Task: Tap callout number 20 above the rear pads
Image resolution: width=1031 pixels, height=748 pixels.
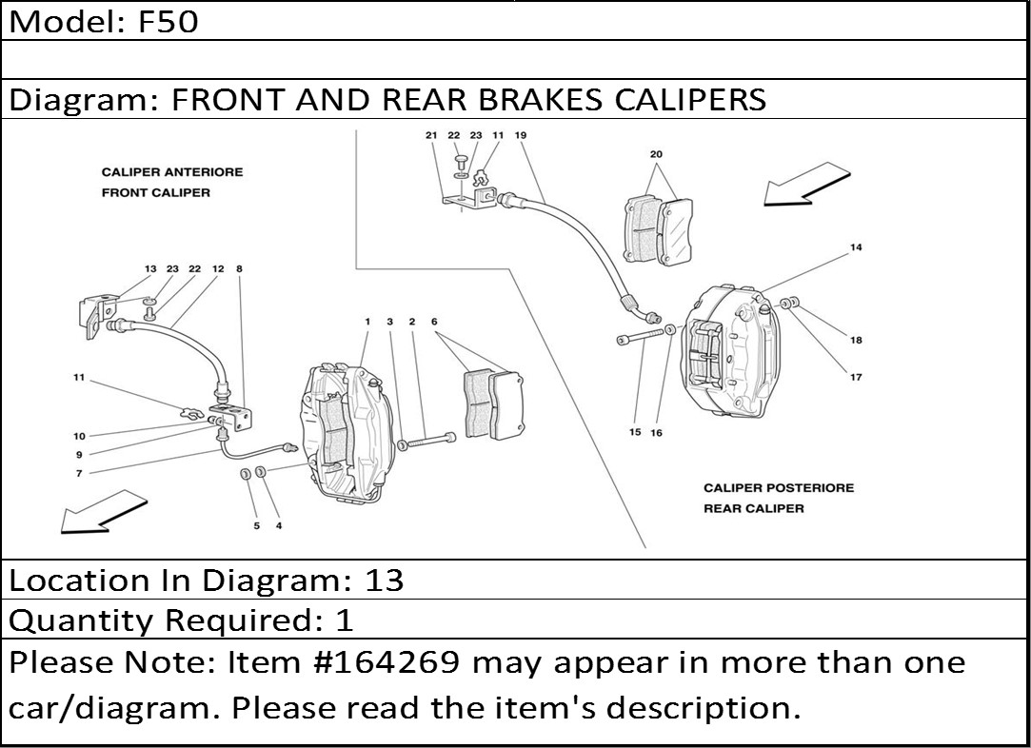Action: tap(656, 154)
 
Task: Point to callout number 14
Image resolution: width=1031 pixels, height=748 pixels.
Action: tap(856, 248)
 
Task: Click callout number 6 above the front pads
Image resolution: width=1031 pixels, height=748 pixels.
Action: tap(434, 323)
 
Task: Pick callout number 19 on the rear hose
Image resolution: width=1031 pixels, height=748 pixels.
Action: tap(520, 136)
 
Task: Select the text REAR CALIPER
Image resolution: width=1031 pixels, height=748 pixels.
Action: tap(753, 508)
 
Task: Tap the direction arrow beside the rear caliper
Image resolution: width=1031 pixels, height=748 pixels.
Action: tap(805, 184)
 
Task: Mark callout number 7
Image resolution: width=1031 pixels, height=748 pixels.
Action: tap(79, 473)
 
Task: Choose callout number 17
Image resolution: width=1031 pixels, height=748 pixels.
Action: tap(856, 377)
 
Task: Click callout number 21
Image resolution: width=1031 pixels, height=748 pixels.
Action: tap(431, 136)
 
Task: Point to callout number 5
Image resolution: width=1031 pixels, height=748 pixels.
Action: tap(255, 525)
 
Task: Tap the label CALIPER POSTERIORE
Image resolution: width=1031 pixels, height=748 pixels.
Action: tap(778, 488)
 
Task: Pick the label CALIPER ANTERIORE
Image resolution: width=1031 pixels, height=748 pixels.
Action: tap(171, 172)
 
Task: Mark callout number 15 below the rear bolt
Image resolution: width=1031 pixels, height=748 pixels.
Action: tap(635, 433)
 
